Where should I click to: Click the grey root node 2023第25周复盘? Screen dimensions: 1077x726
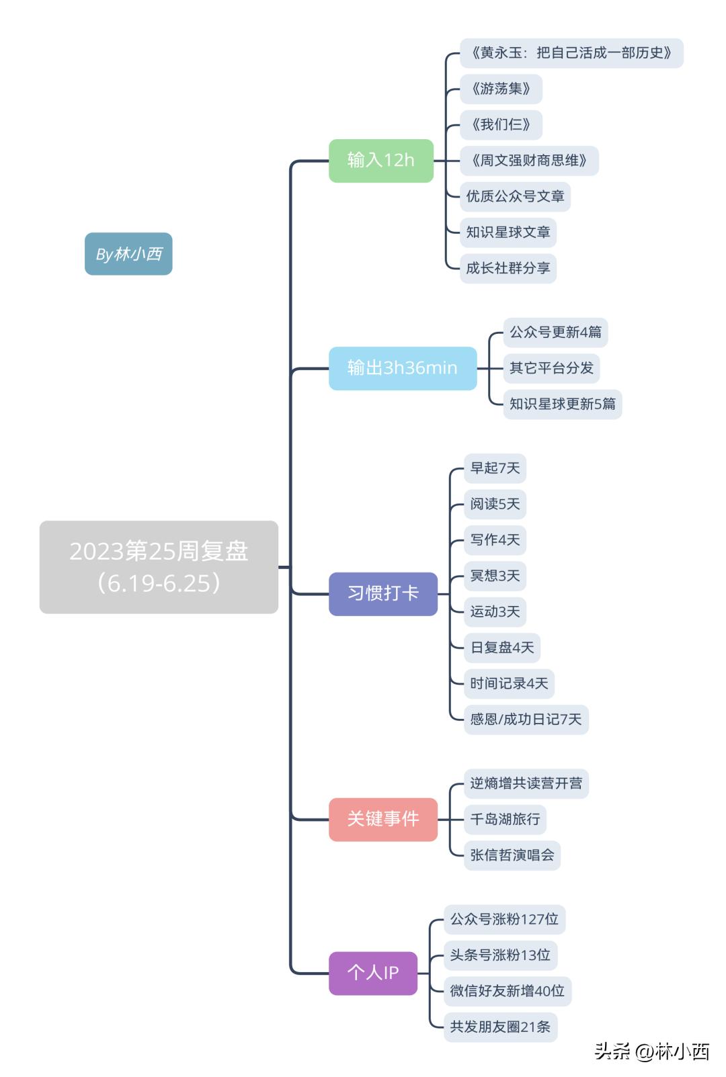159,566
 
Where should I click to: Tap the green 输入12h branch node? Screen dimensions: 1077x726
380,161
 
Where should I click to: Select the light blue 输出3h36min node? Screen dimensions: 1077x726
402,368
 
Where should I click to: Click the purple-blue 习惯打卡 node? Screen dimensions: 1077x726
382,593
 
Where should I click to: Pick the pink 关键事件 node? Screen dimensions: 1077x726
382,819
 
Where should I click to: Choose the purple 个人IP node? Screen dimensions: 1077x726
372,973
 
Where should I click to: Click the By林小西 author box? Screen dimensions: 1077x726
128,254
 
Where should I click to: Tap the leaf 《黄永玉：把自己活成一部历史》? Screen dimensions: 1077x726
571,53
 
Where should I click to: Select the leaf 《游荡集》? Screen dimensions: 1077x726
501,89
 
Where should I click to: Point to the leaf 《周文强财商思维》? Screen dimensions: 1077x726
528,161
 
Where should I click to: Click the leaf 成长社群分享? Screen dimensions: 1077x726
508,268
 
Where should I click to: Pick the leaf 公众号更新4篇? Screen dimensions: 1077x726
555,333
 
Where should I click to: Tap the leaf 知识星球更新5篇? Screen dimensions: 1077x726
562,404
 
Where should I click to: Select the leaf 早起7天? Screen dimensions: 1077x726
495,468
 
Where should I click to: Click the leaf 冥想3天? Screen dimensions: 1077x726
495,576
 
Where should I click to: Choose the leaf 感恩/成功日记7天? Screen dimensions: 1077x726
526,720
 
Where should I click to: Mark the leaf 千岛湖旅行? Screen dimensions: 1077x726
505,819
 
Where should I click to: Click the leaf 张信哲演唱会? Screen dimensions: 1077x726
512,855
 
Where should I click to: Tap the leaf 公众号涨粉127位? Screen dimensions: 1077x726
504,919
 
